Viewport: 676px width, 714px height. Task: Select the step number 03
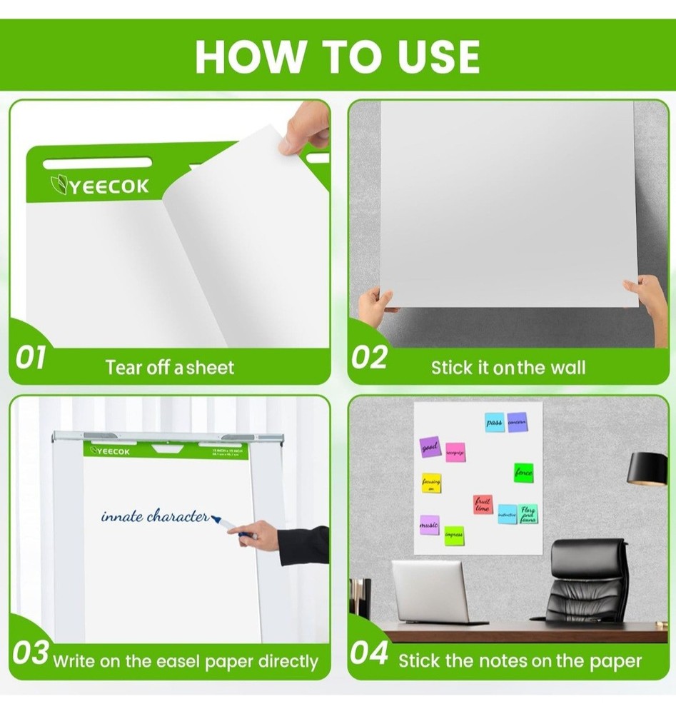(31, 653)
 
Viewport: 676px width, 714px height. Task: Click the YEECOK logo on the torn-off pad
(99, 186)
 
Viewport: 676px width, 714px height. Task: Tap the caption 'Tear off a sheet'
(169, 368)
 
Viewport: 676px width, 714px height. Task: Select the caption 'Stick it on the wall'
(508, 368)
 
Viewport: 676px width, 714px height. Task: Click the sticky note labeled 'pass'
(494, 422)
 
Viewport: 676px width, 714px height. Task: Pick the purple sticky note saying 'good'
(430, 447)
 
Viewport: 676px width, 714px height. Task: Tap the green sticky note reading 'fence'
(523, 472)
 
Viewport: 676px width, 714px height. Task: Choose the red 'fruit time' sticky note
(483, 505)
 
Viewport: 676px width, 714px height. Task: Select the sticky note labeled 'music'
(429, 525)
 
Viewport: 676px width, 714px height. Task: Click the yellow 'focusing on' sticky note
(431, 483)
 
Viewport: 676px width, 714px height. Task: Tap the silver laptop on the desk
(429, 591)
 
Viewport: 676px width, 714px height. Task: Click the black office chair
(588, 582)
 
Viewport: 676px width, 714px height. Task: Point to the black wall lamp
(647, 468)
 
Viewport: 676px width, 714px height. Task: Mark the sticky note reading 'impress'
(453, 535)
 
